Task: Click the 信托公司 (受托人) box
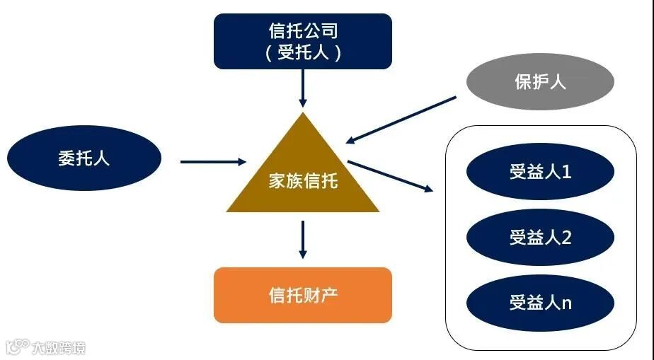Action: tap(303, 41)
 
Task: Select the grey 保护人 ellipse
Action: tap(540, 82)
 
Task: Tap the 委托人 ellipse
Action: tap(84, 157)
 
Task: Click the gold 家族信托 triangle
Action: tap(303, 177)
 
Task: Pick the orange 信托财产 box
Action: tap(303, 295)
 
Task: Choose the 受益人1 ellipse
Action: tap(540, 171)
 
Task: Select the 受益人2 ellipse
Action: tap(540, 238)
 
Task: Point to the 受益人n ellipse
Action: tap(540, 303)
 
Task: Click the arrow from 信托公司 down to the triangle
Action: tap(303, 88)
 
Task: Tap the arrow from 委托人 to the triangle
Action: tap(212, 162)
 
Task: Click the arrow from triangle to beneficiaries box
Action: tap(389, 176)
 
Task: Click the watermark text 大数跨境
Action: tap(58, 347)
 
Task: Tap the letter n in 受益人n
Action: tap(566, 303)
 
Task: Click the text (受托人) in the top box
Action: tap(303, 52)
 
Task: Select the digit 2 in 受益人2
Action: tap(566, 238)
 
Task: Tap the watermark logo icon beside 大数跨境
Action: tap(16, 347)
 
